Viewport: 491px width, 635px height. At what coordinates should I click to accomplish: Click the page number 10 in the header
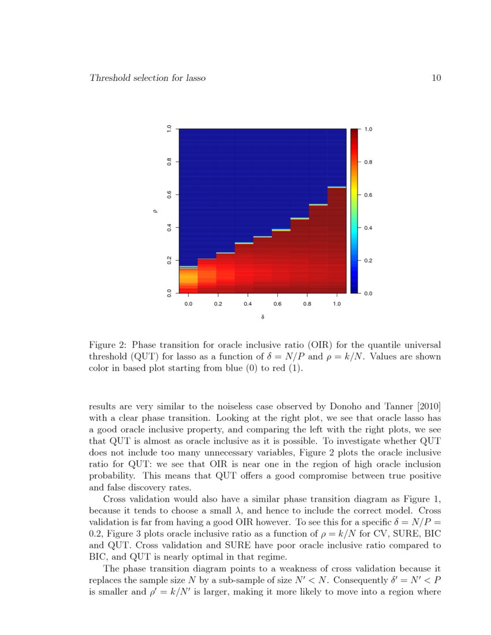click(437, 78)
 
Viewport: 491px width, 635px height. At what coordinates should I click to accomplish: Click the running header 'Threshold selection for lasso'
click(147, 78)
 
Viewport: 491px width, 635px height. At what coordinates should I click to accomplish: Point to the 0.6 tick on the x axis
click(277, 303)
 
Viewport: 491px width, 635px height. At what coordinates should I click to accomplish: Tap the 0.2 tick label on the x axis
click(218, 303)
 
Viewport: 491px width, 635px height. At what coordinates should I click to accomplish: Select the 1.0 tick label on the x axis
click(337, 303)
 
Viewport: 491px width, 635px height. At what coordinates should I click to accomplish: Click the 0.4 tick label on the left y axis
click(169, 227)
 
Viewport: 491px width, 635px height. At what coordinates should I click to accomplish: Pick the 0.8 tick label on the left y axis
click(169, 162)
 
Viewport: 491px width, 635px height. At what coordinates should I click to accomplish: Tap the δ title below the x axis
click(263, 317)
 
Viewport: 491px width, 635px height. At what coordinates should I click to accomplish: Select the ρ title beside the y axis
click(155, 211)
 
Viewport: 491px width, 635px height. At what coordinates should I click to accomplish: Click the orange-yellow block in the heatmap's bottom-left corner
click(188, 280)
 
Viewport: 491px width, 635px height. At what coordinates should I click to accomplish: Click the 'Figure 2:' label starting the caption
click(107, 345)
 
